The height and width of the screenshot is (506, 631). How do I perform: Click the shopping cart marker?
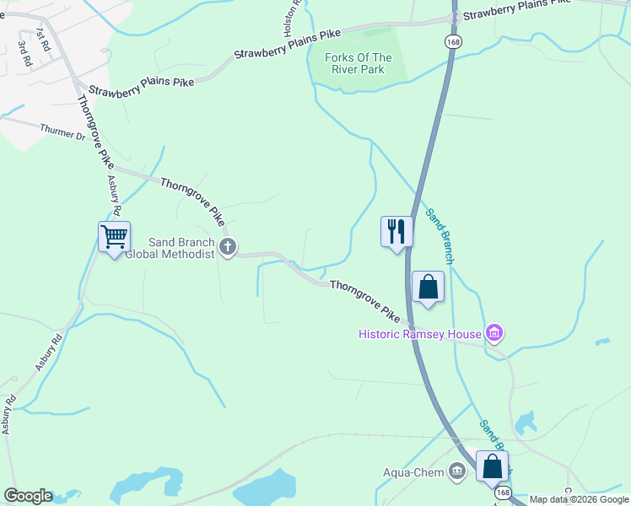pyautogui.click(x=114, y=236)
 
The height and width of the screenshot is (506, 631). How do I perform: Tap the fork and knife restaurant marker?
pyautogui.click(x=396, y=230)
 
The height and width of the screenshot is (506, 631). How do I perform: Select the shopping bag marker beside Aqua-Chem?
pyautogui.click(x=492, y=466)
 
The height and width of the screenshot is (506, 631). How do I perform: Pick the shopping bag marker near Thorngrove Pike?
pyautogui.click(x=428, y=286)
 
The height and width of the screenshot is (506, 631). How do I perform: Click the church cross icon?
pyautogui.click(x=227, y=247)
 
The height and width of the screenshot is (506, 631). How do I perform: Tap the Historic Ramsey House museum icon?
pyautogui.click(x=495, y=334)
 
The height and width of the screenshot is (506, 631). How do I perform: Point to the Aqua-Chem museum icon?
pyautogui.click(x=458, y=471)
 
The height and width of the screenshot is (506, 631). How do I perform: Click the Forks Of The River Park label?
pyautogui.click(x=359, y=63)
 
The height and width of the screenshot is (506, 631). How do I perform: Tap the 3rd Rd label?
pyautogui.click(x=25, y=56)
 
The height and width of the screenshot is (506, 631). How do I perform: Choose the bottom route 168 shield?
pyautogui.click(x=503, y=493)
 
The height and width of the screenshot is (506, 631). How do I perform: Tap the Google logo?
pyautogui.click(x=28, y=496)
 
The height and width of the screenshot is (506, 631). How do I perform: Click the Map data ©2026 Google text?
pyautogui.click(x=579, y=499)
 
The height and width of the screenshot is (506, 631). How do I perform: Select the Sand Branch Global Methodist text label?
pyautogui.click(x=169, y=248)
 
